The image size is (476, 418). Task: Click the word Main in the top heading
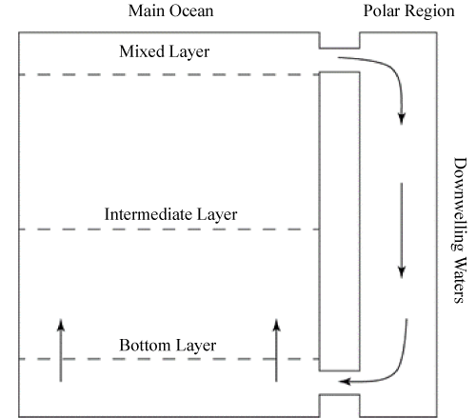[147, 10]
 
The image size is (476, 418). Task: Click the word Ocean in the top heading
[191, 10]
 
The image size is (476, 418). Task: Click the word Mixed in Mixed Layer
[142, 51]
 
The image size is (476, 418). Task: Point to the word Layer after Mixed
[189, 52]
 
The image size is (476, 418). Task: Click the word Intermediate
[149, 214]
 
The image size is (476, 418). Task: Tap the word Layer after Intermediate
[217, 215]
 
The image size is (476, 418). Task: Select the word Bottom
[145, 345]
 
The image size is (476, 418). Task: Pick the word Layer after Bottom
[196, 347]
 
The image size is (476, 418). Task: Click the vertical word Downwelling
[459, 205]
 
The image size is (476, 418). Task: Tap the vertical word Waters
[459, 280]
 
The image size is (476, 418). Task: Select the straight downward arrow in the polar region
[402, 230]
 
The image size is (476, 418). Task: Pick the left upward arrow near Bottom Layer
[61, 350]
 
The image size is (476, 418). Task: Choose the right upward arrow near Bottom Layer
[276, 350]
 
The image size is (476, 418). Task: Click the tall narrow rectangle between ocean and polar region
[319, 221]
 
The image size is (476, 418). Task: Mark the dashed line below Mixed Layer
[169, 75]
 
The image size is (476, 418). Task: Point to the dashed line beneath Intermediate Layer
[169, 229]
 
